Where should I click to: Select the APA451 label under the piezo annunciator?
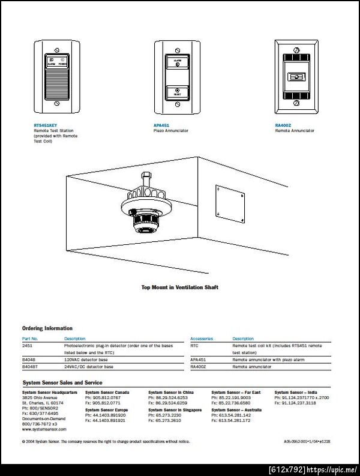(161, 125)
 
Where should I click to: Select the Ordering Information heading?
(47, 328)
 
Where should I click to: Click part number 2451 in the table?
(28, 346)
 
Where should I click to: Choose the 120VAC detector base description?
(87, 360)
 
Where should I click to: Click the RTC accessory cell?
(194, 346)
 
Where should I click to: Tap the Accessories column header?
(202, 339)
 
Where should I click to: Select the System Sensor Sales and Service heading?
(62, 382)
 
